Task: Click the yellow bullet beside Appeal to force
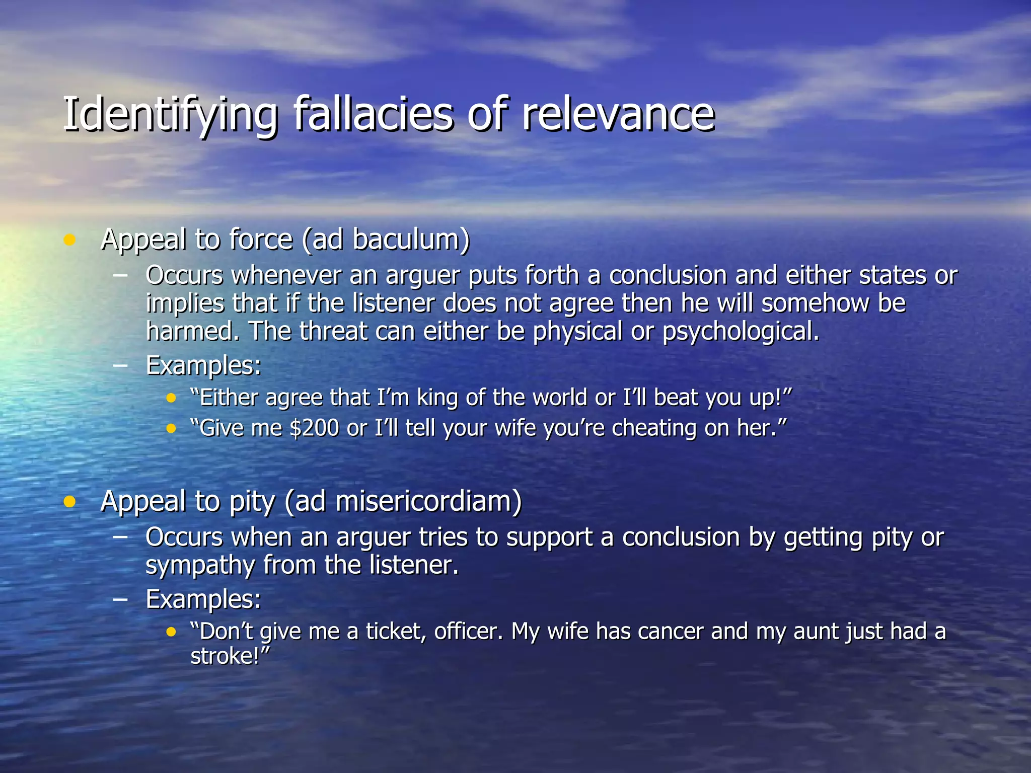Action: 69,240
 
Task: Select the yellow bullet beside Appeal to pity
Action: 69,502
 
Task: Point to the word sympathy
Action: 200,566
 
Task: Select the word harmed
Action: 191,332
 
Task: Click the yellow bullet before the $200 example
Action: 172,429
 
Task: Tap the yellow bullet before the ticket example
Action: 172,632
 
